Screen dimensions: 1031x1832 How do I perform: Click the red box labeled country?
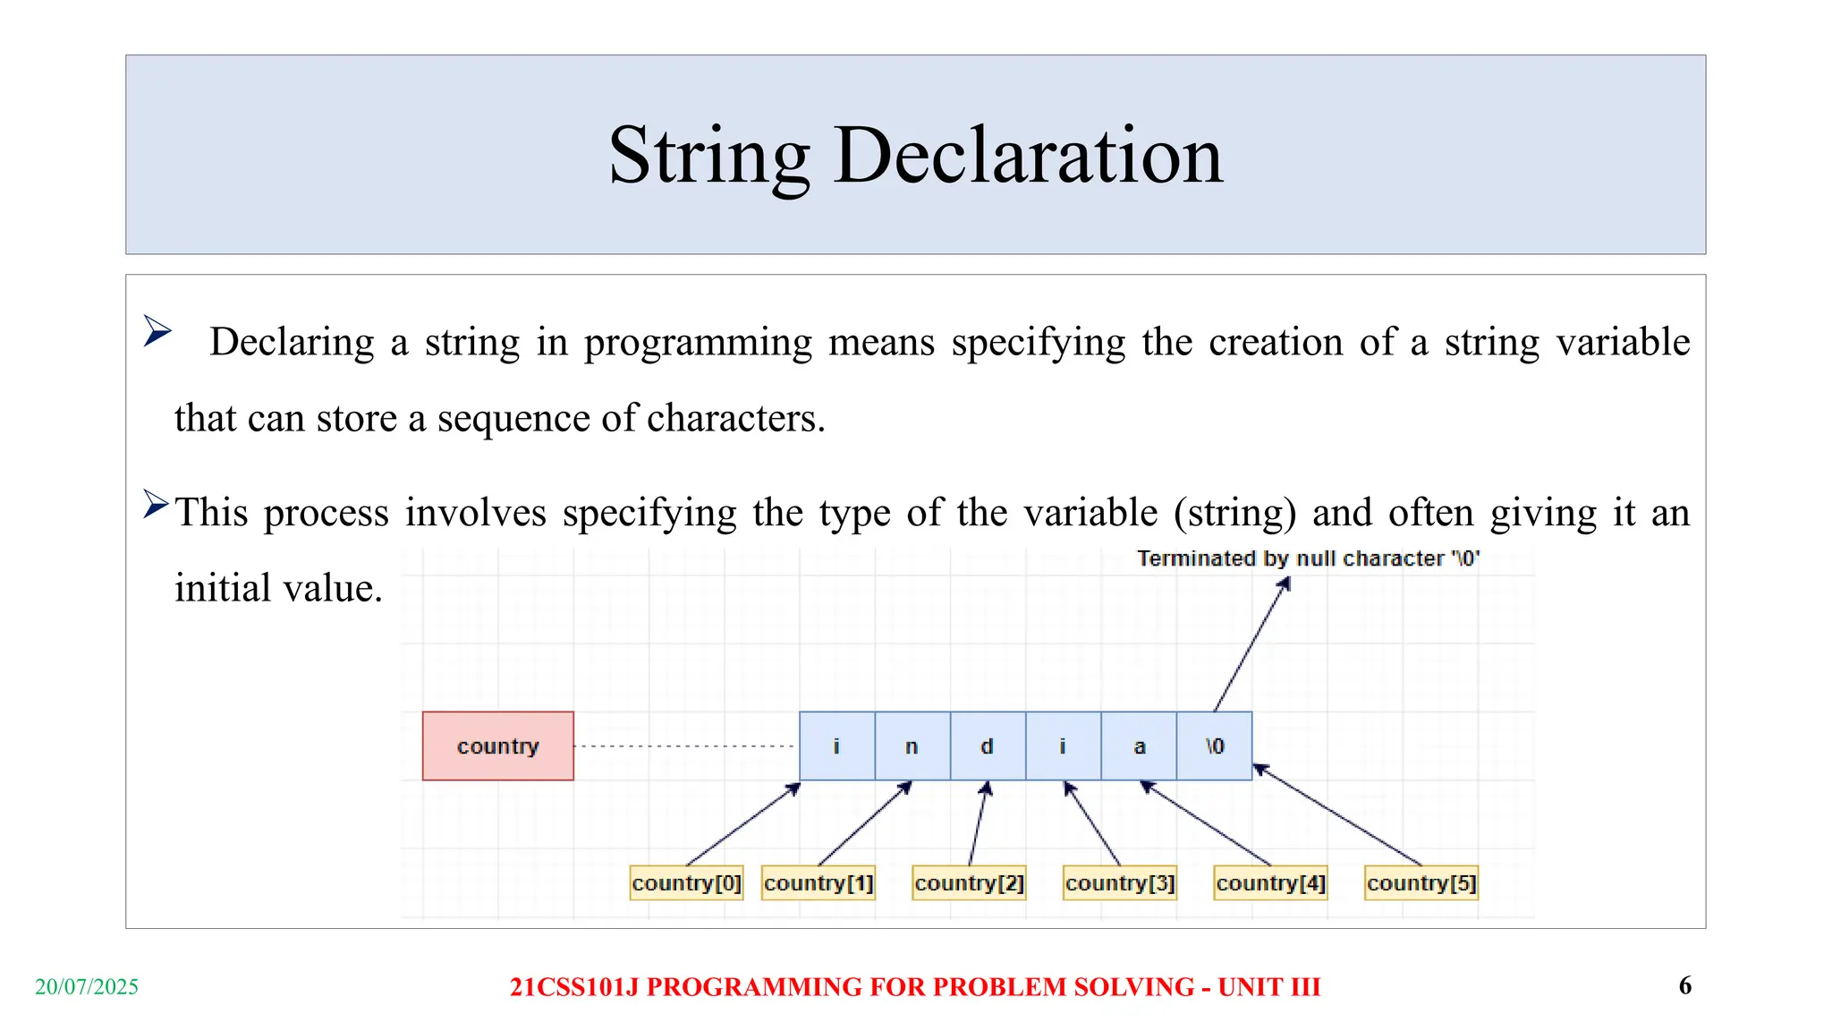497,746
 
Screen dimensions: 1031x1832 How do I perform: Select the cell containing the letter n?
912,746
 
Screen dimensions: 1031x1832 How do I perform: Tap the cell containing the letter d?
987,746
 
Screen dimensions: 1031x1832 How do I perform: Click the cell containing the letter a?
1139,746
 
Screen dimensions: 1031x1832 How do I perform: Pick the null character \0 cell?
1214,746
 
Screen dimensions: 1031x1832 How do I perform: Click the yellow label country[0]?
686,882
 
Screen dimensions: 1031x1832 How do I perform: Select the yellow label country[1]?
818,882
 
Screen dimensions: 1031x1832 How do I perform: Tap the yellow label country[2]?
969,882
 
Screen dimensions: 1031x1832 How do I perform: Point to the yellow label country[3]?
1119,882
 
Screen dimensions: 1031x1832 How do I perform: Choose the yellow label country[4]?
1270,882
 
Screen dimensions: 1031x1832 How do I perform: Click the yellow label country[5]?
1421,882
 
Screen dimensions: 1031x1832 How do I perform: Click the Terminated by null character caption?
1308,558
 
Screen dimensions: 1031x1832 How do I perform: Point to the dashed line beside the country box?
684,746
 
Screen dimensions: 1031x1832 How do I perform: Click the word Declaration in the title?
1028,156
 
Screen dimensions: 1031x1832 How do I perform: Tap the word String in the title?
709,156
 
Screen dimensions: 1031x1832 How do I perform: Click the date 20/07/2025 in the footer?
87,986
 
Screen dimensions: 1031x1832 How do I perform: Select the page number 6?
1684,985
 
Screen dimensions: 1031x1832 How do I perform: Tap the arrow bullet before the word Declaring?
157,331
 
